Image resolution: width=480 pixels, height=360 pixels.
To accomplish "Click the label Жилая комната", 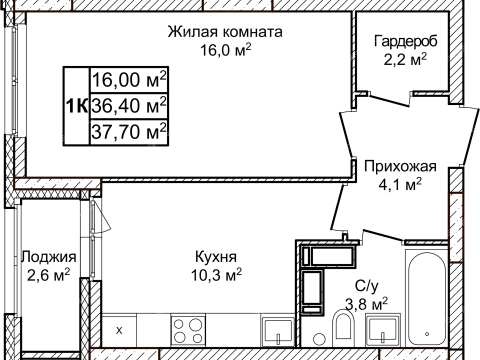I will tap(225, 32).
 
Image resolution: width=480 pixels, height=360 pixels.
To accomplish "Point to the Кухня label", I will tap(217, 254).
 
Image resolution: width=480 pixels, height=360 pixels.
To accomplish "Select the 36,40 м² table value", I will tap(128, 105).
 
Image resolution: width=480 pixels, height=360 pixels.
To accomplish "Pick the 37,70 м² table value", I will tap(128, 130).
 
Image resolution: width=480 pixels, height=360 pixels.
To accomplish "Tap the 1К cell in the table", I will tap(75, 105).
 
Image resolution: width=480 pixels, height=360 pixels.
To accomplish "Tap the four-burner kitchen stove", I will tap(187, 328).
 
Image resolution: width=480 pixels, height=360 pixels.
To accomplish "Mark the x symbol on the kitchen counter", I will tap(120, 329).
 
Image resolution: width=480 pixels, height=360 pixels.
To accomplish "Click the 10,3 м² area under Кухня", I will tap(217, 272).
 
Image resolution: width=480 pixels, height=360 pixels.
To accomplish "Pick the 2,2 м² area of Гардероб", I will tap(406, 60).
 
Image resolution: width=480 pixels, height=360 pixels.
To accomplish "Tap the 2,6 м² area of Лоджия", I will tap(48, 273).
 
